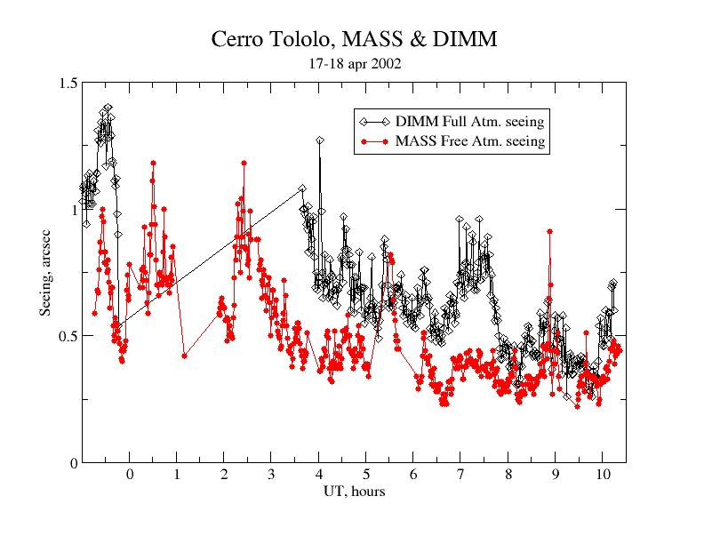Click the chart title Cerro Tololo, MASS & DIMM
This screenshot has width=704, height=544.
(354, 39)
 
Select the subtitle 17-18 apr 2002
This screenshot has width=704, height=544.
(355, 64)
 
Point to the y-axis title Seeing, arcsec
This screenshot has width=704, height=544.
(45, 273)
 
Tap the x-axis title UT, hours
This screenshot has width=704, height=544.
(355, 492)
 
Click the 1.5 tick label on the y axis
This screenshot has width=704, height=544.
(68, 83)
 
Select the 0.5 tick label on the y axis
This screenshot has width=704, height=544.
(68, 336)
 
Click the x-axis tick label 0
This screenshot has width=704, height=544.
(130, 475)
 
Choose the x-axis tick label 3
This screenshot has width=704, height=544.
(272, 475)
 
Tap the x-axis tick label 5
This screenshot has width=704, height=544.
(366, 475)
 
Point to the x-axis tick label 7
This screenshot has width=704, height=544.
(460, 475)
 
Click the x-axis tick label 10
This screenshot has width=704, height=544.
(603, 475)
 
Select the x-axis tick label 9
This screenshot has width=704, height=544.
(556, 475)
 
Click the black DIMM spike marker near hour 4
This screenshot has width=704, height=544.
(320, 140)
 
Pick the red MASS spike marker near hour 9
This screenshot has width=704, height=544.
(549, 232)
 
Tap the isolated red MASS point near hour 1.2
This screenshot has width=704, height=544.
(184, 356)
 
